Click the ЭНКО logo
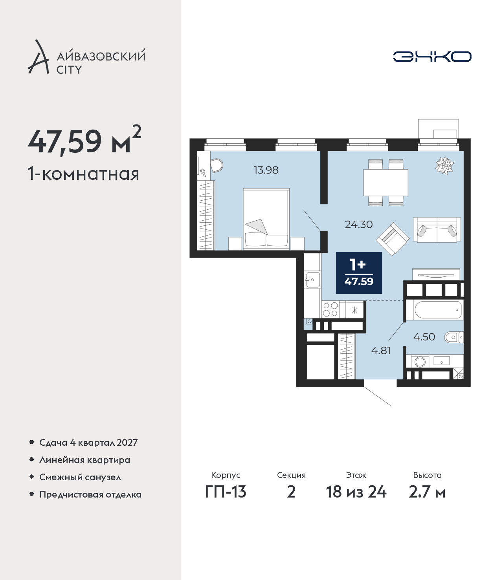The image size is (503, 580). (x=432, y=57)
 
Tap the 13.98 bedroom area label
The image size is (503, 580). (x=266, y=170)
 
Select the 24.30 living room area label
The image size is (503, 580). (x=359, y=225)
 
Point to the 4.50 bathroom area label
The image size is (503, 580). (x=424, y=337)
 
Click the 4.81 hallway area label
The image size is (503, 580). (x=381, y=351)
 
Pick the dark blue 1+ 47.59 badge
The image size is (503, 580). (x=359, y=273)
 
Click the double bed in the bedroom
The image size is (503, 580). (x=266, y=219)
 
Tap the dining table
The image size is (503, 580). (x=386, y=183)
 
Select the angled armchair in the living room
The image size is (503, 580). (x=393, y=239)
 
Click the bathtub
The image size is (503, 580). (x=437, y=310)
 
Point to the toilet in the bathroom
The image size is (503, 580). (x=453, y=337)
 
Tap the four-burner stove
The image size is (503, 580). (x=330, y=309)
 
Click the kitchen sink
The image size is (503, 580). (x=312, y=280)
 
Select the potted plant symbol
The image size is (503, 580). (x=444, y=166)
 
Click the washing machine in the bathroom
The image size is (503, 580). (x=420, y=362)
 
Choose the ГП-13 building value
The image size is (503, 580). (x=226, y=492)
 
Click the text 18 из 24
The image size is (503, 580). (x=356, y=492)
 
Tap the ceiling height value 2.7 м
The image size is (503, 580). (x=427, y=492)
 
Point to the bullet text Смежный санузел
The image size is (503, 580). (x=80, y=477)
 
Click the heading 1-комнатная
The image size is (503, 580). (x=83, y=174)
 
